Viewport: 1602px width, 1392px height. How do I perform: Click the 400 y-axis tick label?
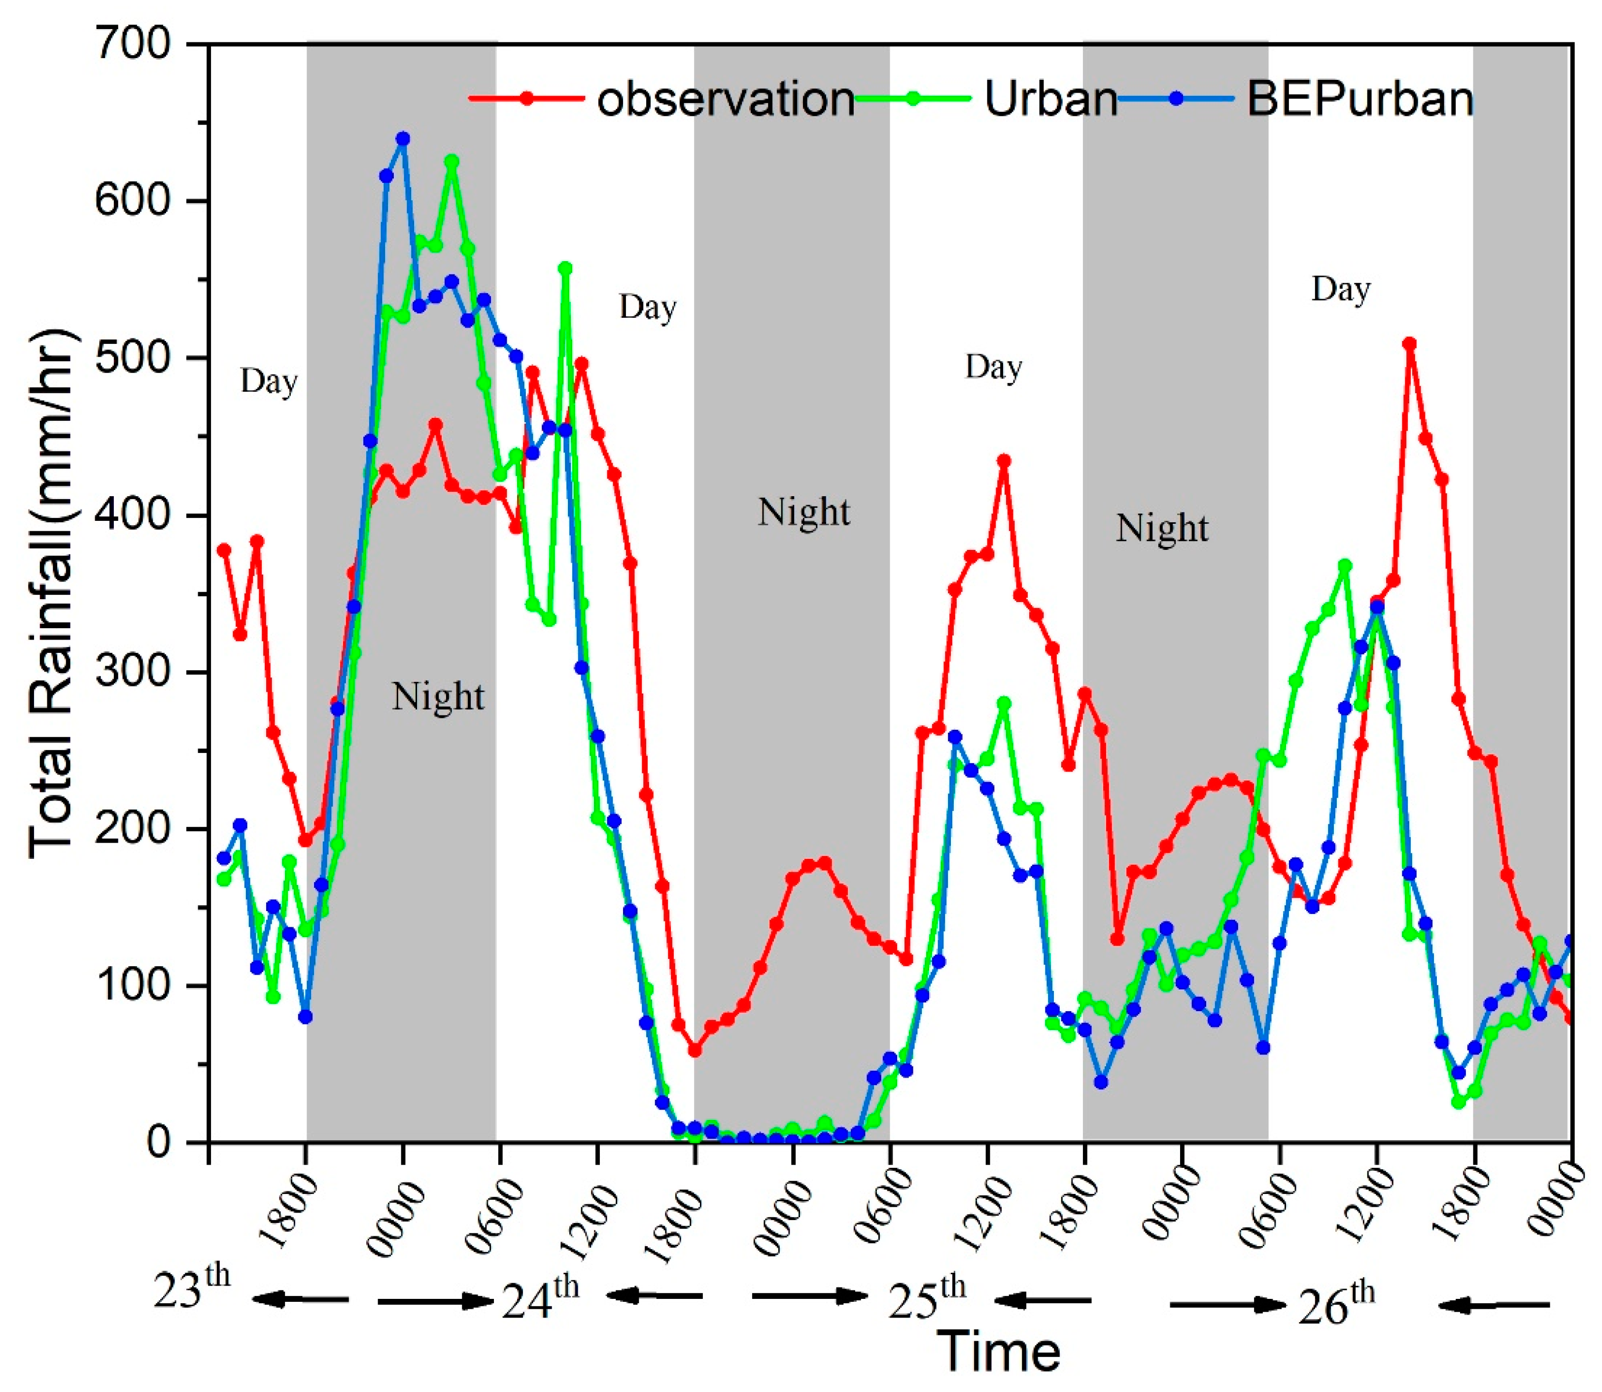(132, 514)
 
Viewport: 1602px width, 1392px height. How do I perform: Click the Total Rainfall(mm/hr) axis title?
(53, 594)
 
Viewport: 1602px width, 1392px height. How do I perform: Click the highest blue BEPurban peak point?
(402, 139)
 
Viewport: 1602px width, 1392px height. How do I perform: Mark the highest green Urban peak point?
(452, 161)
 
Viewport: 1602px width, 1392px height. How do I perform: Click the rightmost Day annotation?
(1341, 289)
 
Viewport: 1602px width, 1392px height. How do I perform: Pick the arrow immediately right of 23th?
(300, 1298)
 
